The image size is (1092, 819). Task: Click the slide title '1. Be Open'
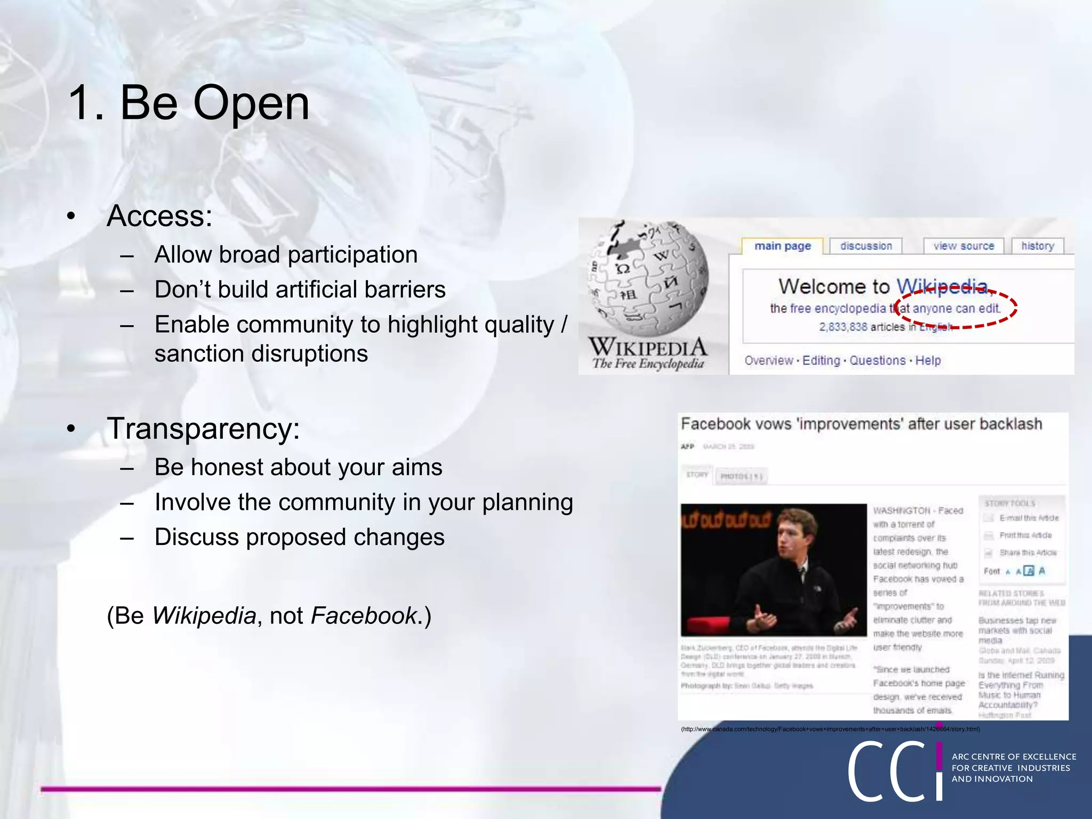pos(189,103)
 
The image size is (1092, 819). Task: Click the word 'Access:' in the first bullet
pos(159,216)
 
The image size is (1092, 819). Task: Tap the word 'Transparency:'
pos(203,428)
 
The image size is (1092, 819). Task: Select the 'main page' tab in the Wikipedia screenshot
pos(782,246)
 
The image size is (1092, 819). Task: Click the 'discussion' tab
pos(866,246)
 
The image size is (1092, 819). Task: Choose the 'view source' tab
pos(963,246)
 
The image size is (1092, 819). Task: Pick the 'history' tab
pos(1038,246)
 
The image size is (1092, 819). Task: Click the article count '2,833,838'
pos(843,327)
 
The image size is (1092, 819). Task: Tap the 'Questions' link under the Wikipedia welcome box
pos(877,360)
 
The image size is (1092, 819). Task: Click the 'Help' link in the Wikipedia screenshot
pos(928,360)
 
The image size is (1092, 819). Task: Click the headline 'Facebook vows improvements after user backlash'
pos(861,424)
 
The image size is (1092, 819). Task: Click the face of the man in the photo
pos(789,539)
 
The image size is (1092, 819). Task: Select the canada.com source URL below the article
pos(830,729)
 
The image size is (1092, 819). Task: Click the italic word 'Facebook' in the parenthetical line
pos(363,616)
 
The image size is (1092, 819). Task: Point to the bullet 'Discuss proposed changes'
pos(299,537)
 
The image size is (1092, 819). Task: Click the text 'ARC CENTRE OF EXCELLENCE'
pos(1014,757)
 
